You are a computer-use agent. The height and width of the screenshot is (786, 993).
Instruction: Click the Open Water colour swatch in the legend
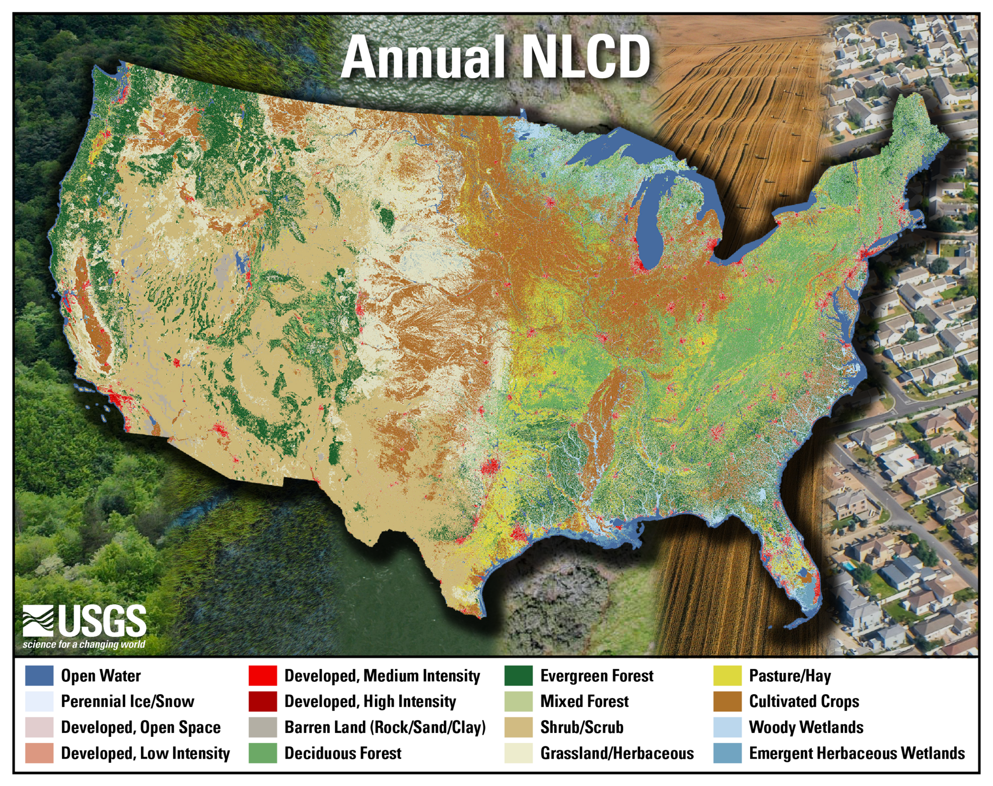pyautogui.click(x=39, y=676)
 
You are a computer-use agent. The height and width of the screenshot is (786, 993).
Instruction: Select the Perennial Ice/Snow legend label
pyautogui.click(x=127, y=701)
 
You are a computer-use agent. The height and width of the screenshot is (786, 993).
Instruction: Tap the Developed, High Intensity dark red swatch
pyautogui.click(x=263, y=701)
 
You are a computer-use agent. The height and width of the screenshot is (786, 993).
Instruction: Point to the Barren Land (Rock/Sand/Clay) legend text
pyautogui.click(x=385, y=727)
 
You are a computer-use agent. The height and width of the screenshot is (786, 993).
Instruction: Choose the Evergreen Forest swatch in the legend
pyautogui.click(x=518, y=676)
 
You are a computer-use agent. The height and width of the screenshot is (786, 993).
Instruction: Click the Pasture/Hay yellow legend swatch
pyautogui.click(x=727, y=676)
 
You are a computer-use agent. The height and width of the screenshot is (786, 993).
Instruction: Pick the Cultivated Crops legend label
pyautogui.click(x=804, y=701)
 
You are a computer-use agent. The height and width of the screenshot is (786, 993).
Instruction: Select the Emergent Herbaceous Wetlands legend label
pyautogui.click(x=856, y=753)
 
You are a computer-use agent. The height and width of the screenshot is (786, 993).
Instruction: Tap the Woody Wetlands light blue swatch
pyautogui.click(x=727, y=727)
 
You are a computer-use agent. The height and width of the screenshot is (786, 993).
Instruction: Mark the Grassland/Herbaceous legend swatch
pyautogui.click(x=518, y=753)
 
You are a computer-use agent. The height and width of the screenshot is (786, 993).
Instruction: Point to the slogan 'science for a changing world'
pyautogui.click(x=84, y=644)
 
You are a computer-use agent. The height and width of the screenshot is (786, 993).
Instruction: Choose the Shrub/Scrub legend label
pyautogui.click(x=581, y=727)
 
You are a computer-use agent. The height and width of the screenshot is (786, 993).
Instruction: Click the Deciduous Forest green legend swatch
pyautogui.click(x=263, y=753)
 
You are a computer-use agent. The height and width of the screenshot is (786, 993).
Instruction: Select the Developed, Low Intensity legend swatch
pyautogui.click(x=39, y=753)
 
